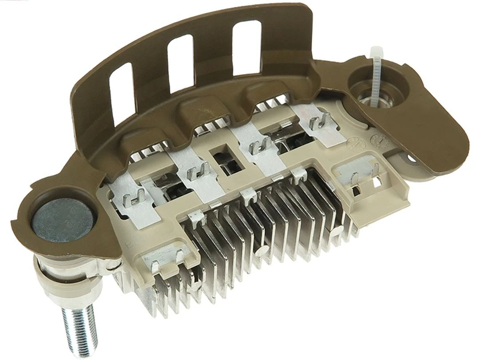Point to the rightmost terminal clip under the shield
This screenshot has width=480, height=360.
320,121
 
